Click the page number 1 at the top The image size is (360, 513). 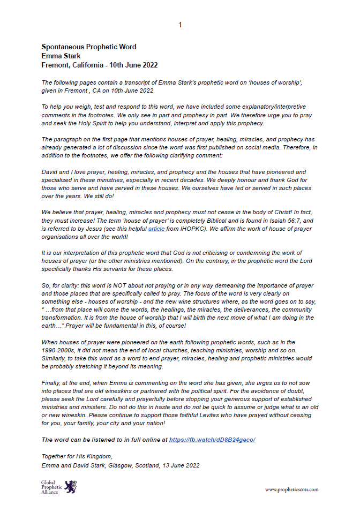pos(180,25)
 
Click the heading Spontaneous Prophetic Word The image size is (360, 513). pos(89,47)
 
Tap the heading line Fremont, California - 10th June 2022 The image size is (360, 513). pos(100,64)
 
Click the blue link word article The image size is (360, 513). pos(156,229)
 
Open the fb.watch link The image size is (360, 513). pos(212,439)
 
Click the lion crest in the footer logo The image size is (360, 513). pos(70,487)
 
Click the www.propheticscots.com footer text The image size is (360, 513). pos(291,489)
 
